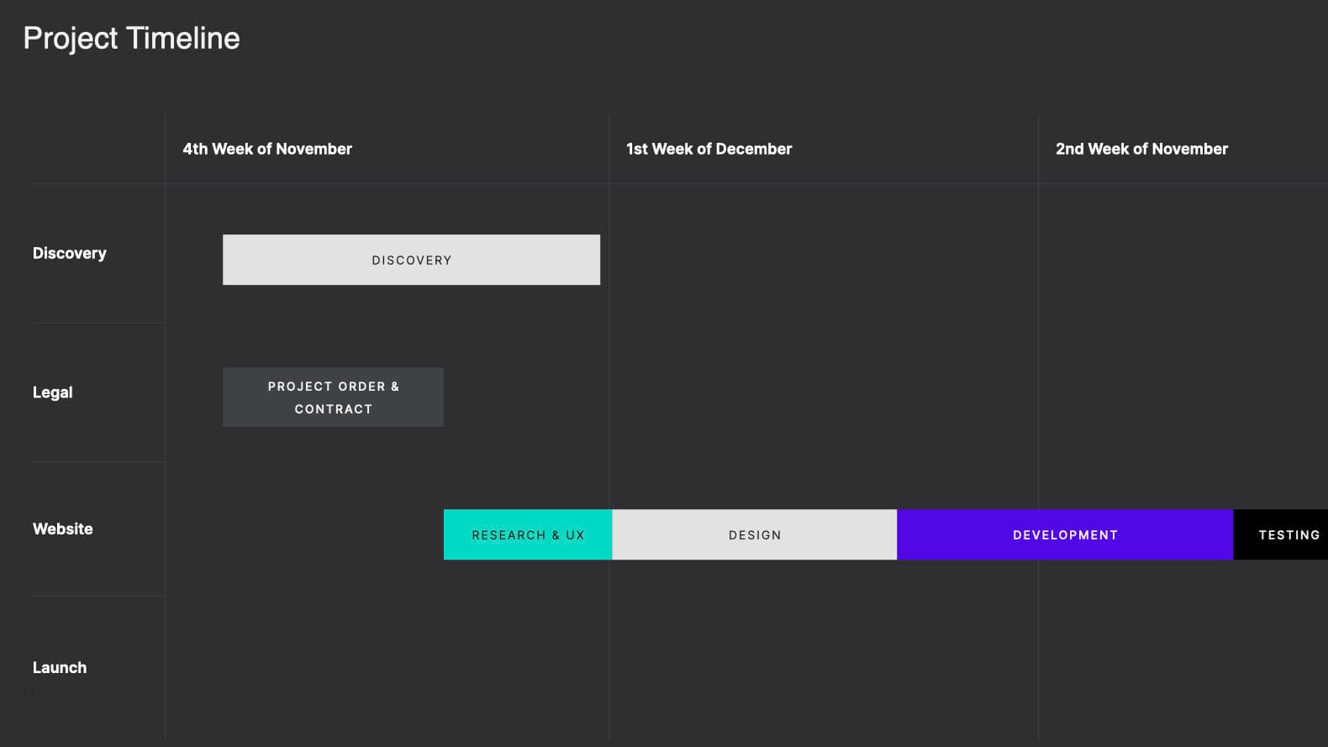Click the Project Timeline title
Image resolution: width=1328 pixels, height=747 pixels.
[132, 39]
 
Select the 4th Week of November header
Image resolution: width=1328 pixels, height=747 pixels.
[267, 149]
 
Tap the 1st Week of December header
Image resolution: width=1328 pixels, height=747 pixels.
[709, 149]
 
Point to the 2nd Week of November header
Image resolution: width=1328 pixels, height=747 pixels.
[1142, 149]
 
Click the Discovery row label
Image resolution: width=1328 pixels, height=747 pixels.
[70, 254]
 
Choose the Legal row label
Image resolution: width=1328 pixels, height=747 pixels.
[53, 393]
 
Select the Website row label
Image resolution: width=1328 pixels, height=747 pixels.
[63, 529]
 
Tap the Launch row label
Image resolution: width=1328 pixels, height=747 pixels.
[60, 667]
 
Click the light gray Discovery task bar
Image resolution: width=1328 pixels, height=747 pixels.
[412, 260]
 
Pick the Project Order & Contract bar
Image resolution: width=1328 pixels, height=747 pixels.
[333, 397]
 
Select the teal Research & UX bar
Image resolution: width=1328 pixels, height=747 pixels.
[528, 534]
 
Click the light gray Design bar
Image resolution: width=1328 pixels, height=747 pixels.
[755, 534]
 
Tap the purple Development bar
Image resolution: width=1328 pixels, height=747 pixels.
[1066, 534]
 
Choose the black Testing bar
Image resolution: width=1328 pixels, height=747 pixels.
[1281, 534]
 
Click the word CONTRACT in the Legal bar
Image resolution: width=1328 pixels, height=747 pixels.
[334, 409]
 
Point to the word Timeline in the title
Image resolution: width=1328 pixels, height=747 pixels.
[183, 38]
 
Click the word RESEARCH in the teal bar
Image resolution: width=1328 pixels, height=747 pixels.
[509, 535]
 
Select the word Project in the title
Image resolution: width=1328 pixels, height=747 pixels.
[71, 39]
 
